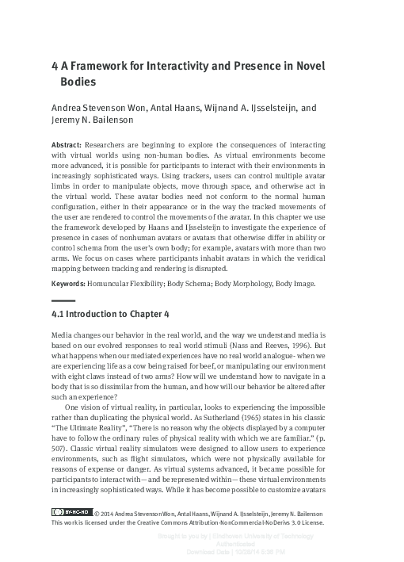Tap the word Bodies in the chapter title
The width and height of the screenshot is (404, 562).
(x=80, y=81)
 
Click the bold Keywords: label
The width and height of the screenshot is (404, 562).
(x=71, y=283)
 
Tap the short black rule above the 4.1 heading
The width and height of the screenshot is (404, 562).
(x=63, y=300)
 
